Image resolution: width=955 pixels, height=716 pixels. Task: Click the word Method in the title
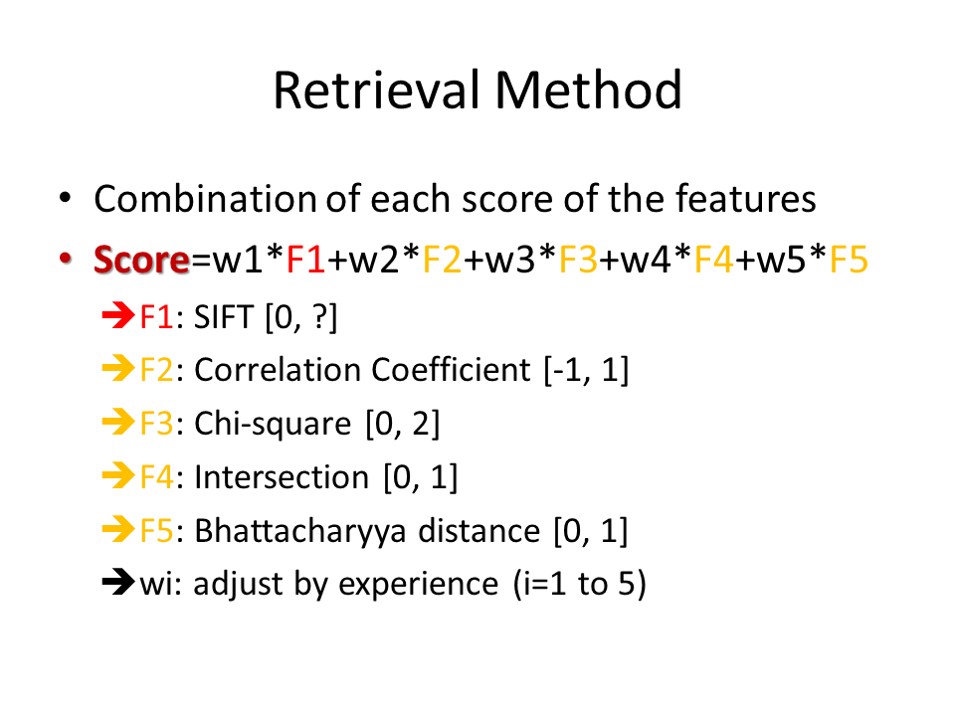coord(588,90)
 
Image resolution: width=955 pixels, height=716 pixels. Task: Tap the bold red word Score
coord(141,260)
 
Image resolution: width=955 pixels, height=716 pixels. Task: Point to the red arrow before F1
coord(118,315)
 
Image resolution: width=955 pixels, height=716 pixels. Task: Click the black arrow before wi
coord(118,582)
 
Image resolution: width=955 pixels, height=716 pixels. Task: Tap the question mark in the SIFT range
coord(320,317)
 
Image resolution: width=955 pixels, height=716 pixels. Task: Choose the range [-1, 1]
coord(586,370)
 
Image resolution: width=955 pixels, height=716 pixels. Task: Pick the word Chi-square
coord(273,424)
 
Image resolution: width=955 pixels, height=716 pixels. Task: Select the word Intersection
coord(282,477)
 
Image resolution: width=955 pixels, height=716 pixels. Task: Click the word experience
coord(419,585)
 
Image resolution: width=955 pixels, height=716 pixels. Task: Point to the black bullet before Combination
coord(66,198)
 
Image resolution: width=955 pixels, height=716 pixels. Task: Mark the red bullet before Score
coord(66,259)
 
